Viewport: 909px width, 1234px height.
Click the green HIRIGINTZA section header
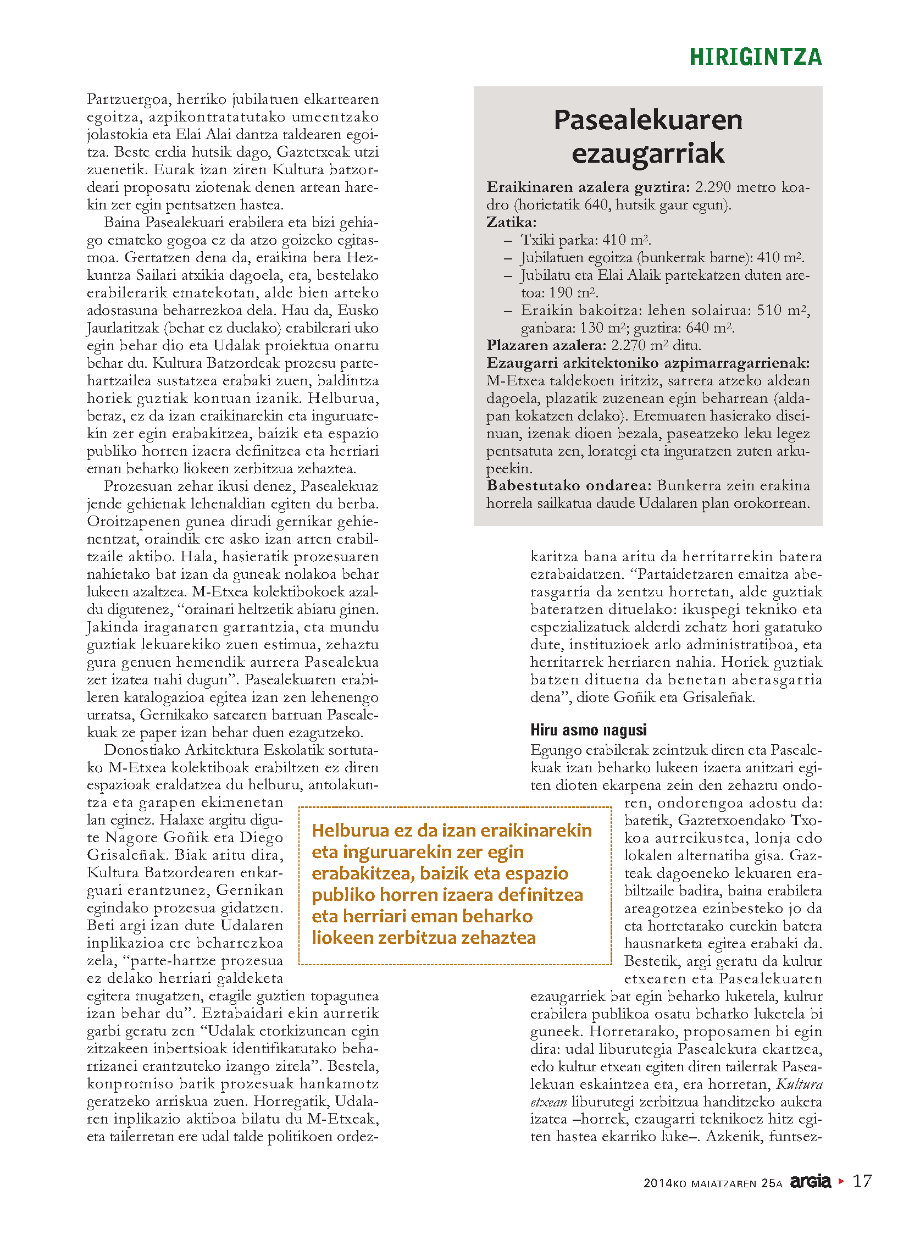755,57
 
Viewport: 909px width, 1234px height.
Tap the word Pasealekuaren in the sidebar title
647,120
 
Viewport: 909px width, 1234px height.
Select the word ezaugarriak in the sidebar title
647,153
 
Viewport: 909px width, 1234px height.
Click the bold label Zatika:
511,223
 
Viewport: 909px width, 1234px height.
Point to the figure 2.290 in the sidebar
713,187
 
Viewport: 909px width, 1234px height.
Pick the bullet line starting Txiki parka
585,240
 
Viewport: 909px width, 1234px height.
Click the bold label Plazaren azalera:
546,346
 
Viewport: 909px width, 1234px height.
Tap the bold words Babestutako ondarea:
569,485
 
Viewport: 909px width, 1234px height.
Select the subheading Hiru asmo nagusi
588,730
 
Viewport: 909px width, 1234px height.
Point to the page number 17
862,1181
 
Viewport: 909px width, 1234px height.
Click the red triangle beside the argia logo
840,1181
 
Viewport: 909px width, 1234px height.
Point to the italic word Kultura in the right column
799,1084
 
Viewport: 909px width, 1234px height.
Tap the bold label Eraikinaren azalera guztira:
587,187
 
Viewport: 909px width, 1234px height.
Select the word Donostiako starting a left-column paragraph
142,750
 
